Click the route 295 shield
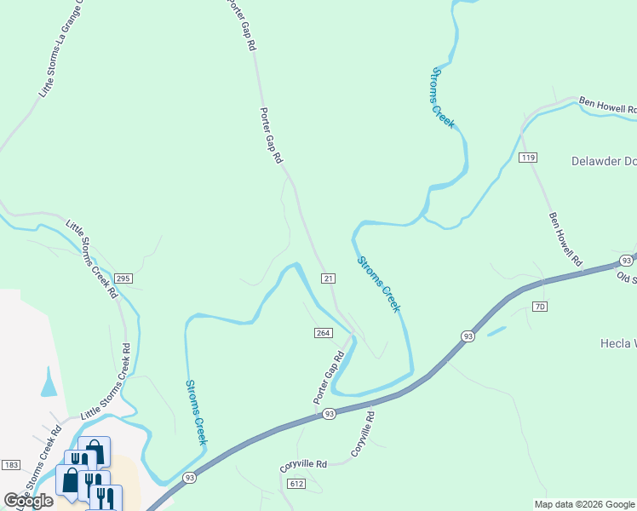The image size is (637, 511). pos(123,278)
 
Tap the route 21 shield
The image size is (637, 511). pos(329,278)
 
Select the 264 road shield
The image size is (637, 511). pos(323,333)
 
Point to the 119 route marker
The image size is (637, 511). pos(528,158)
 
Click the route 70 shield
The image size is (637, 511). pos(539,306)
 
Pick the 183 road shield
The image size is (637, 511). pos(11,464)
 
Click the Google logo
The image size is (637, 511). pos(28,501)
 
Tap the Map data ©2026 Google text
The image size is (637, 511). pos(584,504)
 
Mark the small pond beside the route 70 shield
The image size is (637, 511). pos(496,330)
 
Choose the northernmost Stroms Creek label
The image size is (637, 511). pos(443,98)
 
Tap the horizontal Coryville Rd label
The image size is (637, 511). pos(304,466)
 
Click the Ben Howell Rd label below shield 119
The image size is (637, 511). pos(565,238)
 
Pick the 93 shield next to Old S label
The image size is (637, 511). pos(626,261)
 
